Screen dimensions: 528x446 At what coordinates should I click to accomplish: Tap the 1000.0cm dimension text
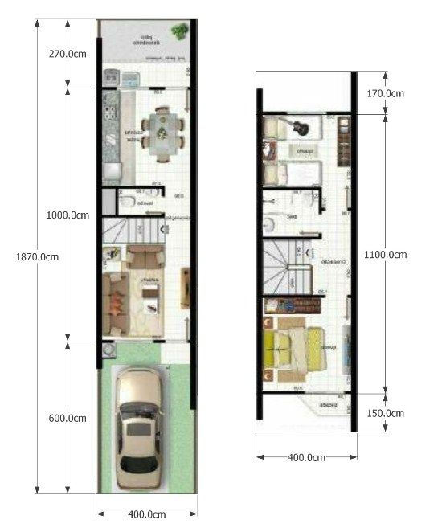click(x=68, y=215)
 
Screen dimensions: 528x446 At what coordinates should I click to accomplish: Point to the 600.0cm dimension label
click(x=68, y=418)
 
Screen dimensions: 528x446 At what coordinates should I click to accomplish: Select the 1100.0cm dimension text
click(x=385, y=254)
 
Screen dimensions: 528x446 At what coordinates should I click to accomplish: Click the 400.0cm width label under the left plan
click(x=147, y=514)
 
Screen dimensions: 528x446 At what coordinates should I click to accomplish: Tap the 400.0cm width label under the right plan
click(x=306, y=457)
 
